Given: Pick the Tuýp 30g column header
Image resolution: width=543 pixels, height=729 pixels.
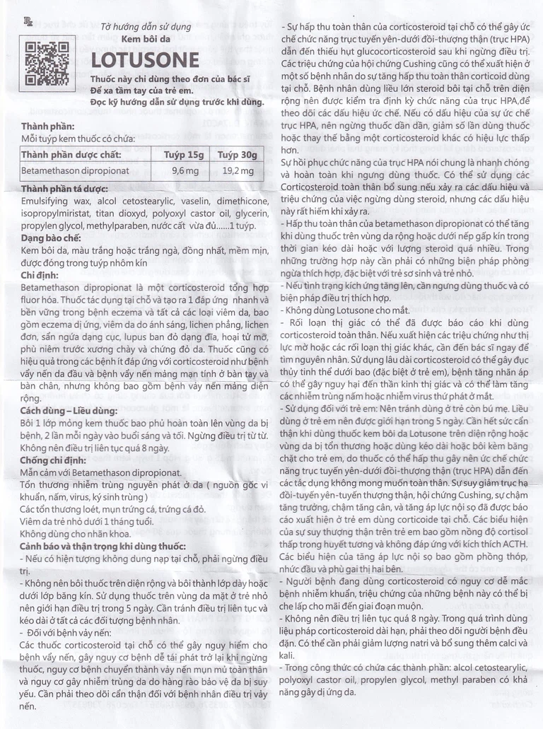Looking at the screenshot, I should [x=237, y=154].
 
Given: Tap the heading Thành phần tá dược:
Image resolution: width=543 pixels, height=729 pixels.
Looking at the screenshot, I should [x=64, y=189].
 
